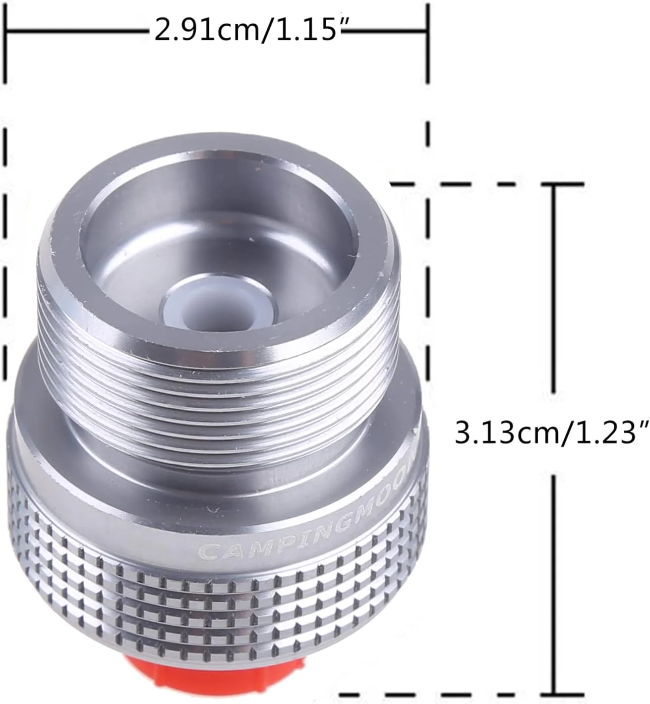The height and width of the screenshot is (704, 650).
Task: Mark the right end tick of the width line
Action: [x=428, y=30]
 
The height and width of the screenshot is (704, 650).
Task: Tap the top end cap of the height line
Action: [x=555, y=185]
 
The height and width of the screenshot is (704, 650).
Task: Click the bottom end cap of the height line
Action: [x=555, y=692]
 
